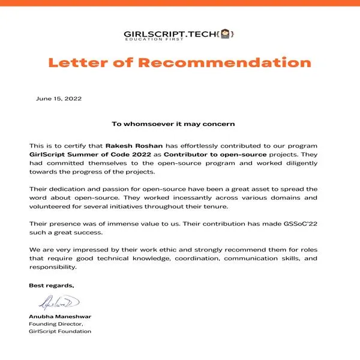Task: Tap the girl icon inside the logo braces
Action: [226, 34]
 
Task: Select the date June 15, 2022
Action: [59, 98]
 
